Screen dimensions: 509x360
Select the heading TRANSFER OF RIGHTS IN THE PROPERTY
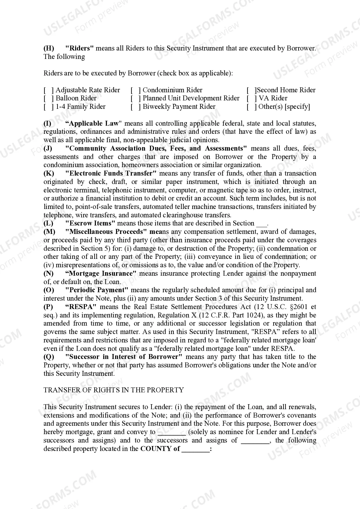tap(114, 390)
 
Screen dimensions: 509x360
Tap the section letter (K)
tap(49, 174)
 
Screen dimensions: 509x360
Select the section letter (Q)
tap(49, 357)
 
